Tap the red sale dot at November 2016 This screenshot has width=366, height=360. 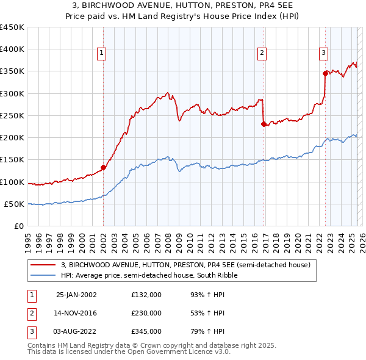pyautogui.click(x=264, y=124)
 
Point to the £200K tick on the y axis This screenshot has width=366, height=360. pyautogui.click(x=12, y=138)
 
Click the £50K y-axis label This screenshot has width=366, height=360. pyautogui.click(x=15, y=204)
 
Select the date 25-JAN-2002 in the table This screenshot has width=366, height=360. pyautogui.click(x=76, y=295)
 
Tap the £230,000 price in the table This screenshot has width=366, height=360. pyautogui.click(x=146, y=313)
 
